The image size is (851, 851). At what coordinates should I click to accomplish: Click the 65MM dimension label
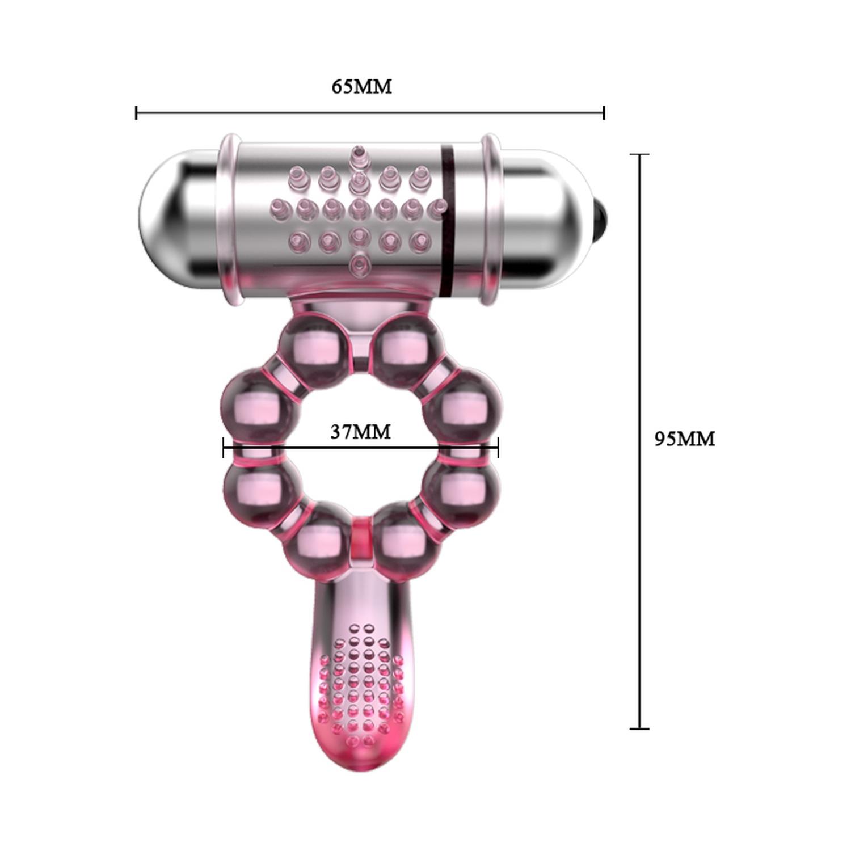(361, 86)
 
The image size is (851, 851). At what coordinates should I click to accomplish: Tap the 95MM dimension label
(685, 439)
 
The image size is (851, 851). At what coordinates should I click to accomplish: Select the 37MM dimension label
(360, 432)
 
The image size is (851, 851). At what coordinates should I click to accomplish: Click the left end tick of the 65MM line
(136, 112)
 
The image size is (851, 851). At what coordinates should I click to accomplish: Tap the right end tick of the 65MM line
(604, 112)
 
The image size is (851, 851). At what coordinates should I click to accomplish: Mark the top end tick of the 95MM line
(640, 154)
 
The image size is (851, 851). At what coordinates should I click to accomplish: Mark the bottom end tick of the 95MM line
(640, 728)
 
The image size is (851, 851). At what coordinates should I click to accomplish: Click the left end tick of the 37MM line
(224, 448)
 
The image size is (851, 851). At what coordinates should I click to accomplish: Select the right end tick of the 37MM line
(498, 448)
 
